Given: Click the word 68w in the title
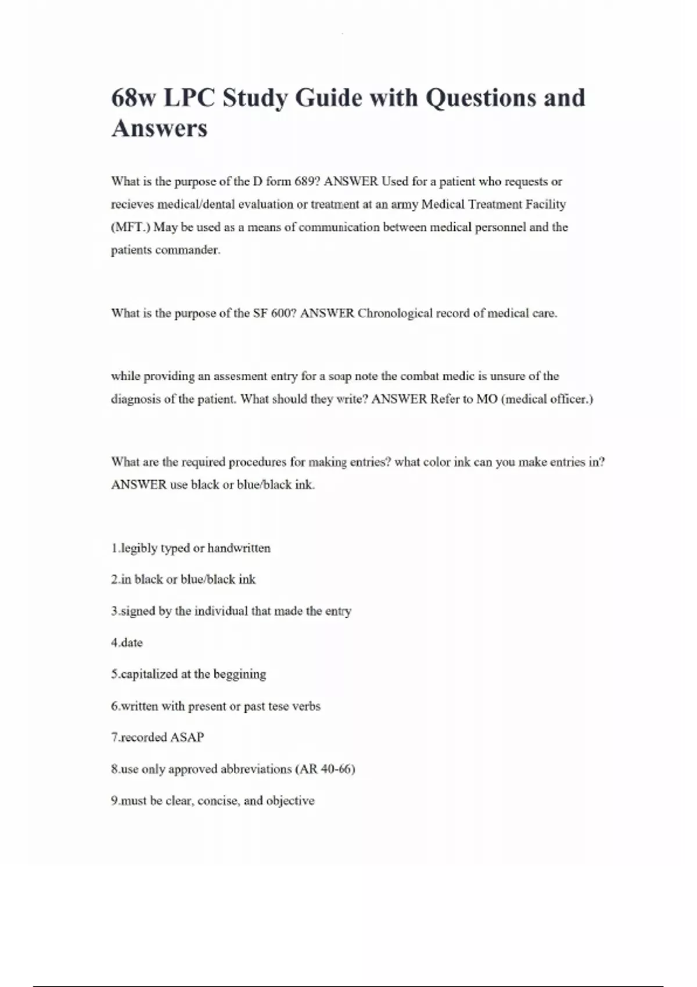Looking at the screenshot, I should point(134,98).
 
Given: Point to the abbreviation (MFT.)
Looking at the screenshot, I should point(130,227).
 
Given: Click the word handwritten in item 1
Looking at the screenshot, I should point(239,548).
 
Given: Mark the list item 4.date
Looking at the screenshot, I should point(127,643).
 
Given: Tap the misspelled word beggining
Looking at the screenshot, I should point(239,675).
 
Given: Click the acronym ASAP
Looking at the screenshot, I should point(186,737).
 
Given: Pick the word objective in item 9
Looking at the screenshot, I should point(290,801).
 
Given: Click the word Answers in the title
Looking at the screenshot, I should point(159,128).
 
